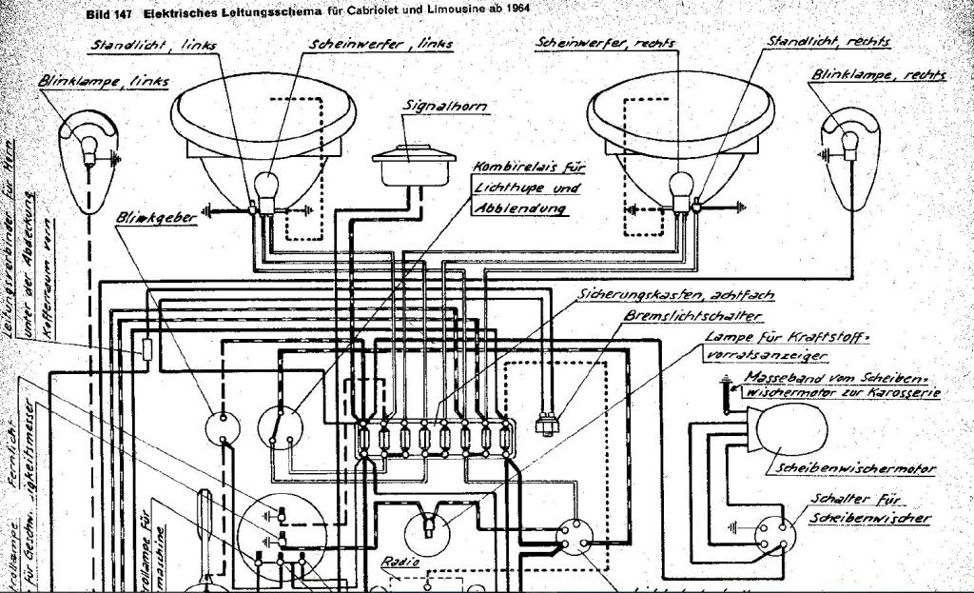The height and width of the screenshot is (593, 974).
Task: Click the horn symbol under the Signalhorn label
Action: coord(410,163)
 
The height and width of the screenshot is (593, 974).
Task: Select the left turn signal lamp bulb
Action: coord(90,146)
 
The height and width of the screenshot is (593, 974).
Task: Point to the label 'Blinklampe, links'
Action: coord(103,82)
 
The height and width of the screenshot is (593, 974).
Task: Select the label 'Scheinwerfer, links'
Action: coord(380,44)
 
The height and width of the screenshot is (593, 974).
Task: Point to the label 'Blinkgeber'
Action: coord(156,217)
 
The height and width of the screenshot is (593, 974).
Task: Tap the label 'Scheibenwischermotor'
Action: coord(855,468)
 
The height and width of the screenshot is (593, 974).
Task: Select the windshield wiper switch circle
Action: coord(772,534)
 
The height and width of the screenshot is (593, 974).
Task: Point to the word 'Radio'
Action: coord(399,563)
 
